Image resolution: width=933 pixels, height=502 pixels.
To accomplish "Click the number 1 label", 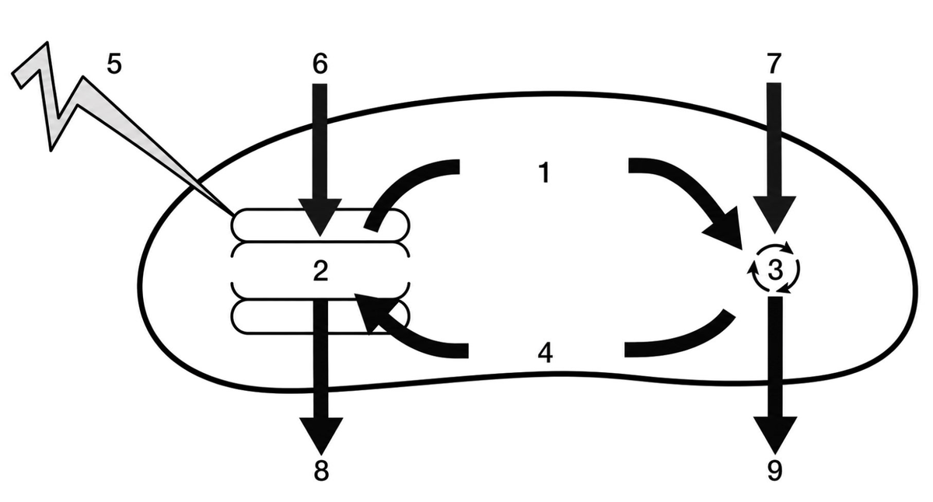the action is tap(544, 173).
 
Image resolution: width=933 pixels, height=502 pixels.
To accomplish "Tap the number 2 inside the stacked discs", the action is tap(320, 270).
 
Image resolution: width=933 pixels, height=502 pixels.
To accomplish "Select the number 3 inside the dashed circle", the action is tap(775, 270).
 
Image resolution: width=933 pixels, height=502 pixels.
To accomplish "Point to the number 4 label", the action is tap(545, 354).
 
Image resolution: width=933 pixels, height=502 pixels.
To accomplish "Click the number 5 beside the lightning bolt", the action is tap(114, 64).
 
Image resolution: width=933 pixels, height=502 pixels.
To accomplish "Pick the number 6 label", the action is tap(320, 64).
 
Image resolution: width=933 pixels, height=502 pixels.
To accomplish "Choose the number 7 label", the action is tap(774, 64).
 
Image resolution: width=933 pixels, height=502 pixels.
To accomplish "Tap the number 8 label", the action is tap(320, 472).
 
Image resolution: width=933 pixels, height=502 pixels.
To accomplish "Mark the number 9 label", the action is tap(774, 471).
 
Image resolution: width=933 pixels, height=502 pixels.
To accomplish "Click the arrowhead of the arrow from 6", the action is tap(320, 217).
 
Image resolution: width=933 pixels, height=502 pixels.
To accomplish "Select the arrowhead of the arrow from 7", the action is tap(774, 214).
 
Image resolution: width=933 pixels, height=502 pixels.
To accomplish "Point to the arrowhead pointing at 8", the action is tap(321, 436).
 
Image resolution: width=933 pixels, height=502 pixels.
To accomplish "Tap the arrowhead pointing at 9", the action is tap(775, 435).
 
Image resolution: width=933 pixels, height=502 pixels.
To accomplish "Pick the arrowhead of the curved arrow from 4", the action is tap(371, 312).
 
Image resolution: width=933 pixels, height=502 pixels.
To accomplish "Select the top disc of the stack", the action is tap(320, 225).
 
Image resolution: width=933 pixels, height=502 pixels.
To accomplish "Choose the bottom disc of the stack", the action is tap(320, 316).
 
